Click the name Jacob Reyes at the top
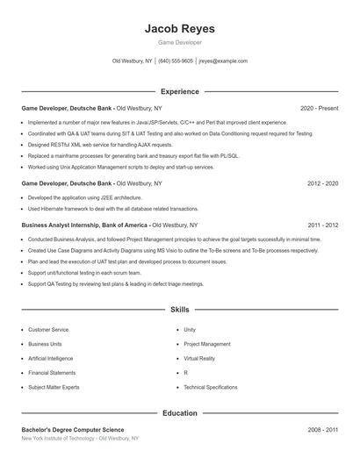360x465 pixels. click(x=179, y=29)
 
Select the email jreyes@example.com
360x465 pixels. click(x=223, y=61)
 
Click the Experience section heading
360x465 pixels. click(x=179, y=91)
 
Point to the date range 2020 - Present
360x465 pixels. click(x=319, y=108)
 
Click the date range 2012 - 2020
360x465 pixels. click(x=322, y=184)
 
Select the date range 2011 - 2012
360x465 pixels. click(x=322, y=225)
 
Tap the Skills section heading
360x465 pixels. click(x=179, y=310)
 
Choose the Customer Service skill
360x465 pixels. click(x=48, y=330)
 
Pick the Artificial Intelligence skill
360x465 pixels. click(x=51, y=358)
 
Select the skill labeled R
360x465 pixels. click(x=186, y=373)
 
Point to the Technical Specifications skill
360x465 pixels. click(x=210, y=387)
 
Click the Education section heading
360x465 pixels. click(x=179, y=412)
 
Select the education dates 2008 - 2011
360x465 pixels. click(x=322, y=429)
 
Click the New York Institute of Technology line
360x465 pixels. click(x=79, y=438)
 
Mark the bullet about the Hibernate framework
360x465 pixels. click(x=112, y=210)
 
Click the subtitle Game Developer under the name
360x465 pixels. click(x=179, y=42)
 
